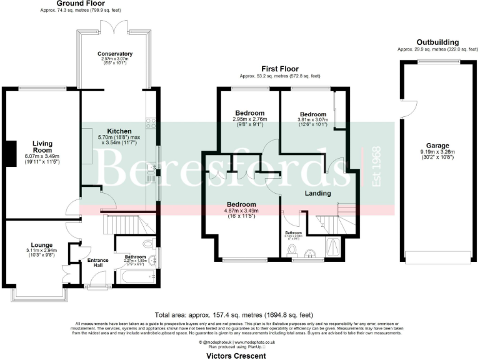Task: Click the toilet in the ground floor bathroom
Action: click(148, 244)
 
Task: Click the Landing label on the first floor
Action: click(317, 194)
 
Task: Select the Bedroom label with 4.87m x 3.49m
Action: click(241, 204)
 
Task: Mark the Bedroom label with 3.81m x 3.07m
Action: click(312, 115)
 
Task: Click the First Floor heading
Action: click(279, 69)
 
